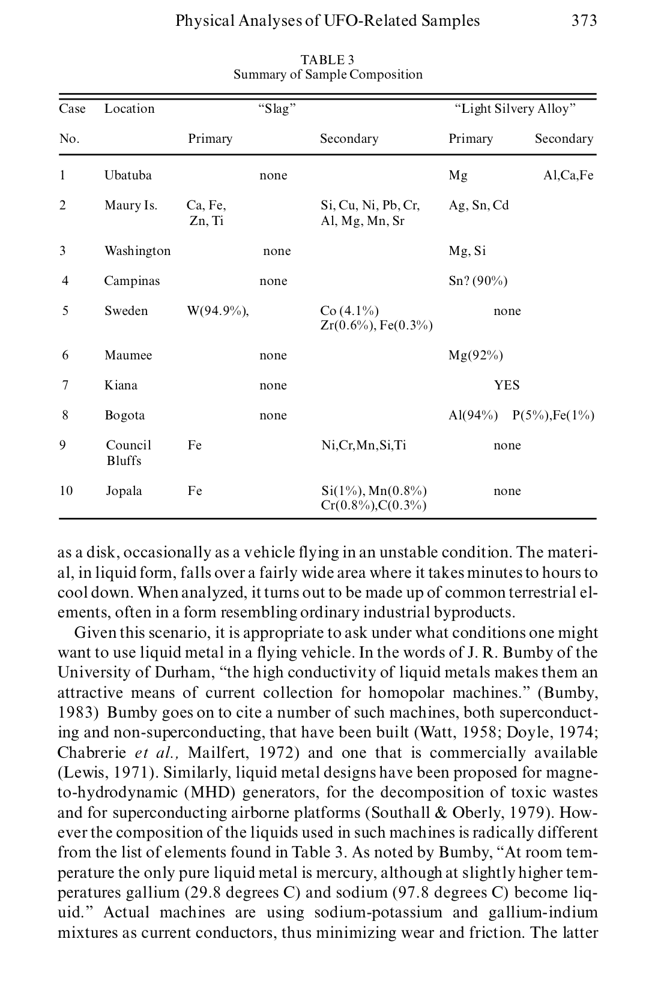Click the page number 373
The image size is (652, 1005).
[x=584, y=21]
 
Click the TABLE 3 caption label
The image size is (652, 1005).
[x=327, y=60]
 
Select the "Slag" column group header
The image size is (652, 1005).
[x=277, y=109]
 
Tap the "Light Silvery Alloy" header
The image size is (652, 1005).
[x=515, y=109]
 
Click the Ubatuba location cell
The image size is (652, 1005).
[x=128, y=175]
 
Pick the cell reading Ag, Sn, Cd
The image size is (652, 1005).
[x=478, y=205]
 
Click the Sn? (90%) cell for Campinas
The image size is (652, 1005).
[x=478, y=281]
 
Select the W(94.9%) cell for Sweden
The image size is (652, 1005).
[x=218, y=311]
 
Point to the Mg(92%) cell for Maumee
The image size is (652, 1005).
[x=475, y=355]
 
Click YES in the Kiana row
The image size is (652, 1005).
[x=507, y=385]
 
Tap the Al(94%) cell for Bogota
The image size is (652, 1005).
[x=473, y=415]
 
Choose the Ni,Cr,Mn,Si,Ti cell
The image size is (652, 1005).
[x=364, y=445]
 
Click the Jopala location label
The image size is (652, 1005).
[x=124, y=491]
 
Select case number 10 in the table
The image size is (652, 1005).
[x=66, y=491]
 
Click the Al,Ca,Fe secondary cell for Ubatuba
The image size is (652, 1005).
[x=568, y=175]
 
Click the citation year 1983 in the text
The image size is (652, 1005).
[x=77, y=713]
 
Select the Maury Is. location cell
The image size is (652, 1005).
[x=130, y=205]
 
